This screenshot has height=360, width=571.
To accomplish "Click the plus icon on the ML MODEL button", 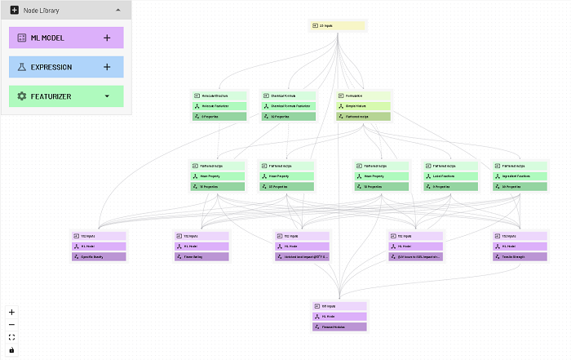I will [x=107, y=38].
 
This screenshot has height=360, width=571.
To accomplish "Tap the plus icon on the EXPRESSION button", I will [x=107, y=67].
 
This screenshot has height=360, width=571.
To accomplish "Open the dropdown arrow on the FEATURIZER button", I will [x=107, y=96].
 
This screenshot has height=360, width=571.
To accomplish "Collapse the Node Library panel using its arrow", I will [x=117, y=10].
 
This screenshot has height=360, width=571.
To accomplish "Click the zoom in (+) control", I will [x=11, y=312].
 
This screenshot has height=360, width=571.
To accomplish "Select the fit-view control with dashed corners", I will [x=11, y=337].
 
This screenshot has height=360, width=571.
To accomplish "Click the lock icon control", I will [x=11, y=350].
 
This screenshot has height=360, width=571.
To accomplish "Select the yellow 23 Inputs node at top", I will [x=339, y=25].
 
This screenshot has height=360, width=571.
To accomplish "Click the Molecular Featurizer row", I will [x=219, y=106].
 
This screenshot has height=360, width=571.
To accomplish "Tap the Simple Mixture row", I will [x=364, y=106].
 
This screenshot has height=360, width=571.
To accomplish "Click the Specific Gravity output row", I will [x=98, y=256].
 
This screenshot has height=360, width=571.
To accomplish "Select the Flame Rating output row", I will [x=201, y=256].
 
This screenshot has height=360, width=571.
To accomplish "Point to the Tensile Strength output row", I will [x=519, y=256].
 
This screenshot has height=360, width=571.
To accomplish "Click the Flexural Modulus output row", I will [x=339, y=327].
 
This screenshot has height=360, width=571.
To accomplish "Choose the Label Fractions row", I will [x=449, y=176].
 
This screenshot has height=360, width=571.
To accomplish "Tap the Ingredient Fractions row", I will [x=519, y=176].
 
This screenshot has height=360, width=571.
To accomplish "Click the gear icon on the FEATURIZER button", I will [x=22, y=96].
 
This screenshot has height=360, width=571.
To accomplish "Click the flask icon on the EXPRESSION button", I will [x=22, y=67].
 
